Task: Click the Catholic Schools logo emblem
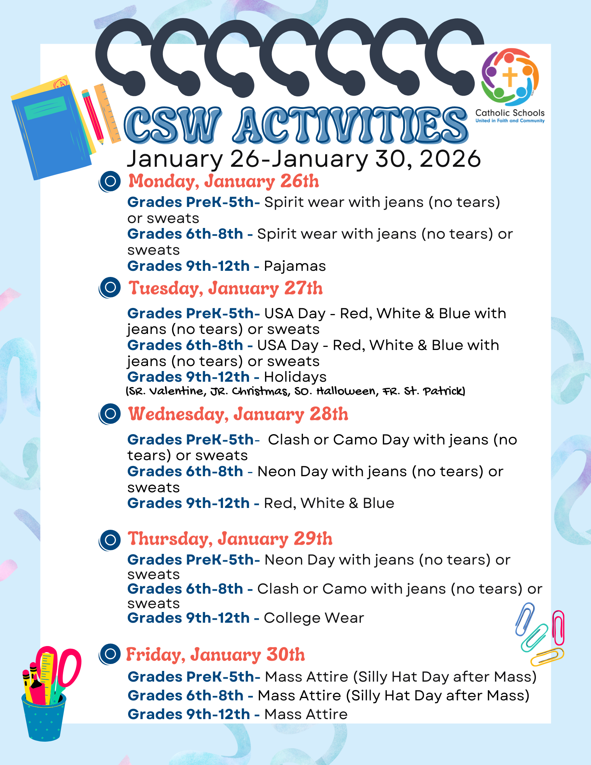[x=510, y=77]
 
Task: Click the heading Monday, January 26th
[x=223, y=181]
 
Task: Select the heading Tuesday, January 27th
[x=225, y=288]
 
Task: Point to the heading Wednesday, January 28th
[x=238, y=414]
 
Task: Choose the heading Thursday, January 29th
[x=230, y=539]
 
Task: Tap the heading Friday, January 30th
[x=215, y=654]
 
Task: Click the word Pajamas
[x=295, y=266]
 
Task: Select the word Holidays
[x=295, y=377]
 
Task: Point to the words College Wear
[x=314, y=618]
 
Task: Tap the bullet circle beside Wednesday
[x=110, y=414]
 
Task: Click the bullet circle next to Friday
[x=110, y=654]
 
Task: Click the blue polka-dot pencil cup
[x=44, y=717]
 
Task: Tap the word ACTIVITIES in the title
[x=350, y=125]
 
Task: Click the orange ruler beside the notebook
[x=107, y=114]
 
